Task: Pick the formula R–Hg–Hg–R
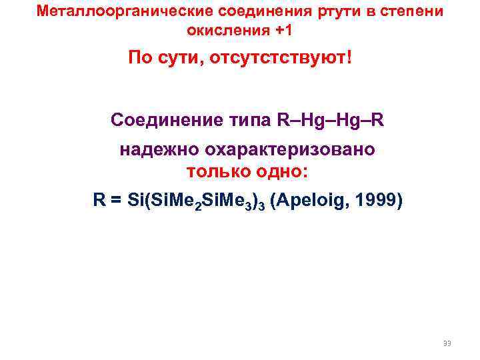[x=329, y=120]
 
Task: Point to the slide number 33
[x=447, y=343]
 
